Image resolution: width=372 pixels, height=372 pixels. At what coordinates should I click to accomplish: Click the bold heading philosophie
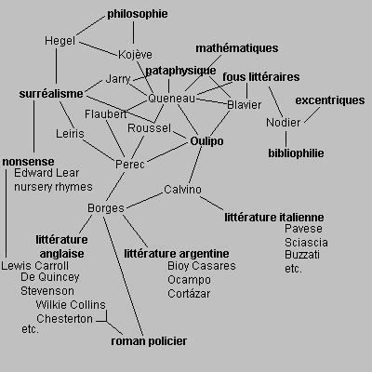coord(138,14)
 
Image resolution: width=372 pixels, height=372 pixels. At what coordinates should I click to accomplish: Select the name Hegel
coord(60,41)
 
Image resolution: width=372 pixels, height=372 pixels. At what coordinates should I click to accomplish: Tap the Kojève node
coord(135,55)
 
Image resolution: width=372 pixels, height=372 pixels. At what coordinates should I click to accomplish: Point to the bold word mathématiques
coord(237,48)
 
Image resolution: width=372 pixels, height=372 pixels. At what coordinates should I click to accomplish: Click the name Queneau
coord(172,99)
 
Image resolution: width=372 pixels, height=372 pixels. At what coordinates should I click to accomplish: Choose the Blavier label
coord(245,105)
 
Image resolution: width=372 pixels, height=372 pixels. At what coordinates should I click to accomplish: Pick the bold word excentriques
coord(330,100)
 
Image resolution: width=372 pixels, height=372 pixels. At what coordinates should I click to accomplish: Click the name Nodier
coord(284,123)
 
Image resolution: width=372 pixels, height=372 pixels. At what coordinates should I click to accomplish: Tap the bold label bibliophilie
coord(296,153)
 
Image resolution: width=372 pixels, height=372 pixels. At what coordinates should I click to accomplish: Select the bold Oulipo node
coord(206,141)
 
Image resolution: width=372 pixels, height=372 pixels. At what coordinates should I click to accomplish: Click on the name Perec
coord(130,165)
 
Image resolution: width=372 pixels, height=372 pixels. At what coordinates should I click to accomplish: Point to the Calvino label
coord(182,190)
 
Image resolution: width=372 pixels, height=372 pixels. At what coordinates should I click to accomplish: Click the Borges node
coord(106,208)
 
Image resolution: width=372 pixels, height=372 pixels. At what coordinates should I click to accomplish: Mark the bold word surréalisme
coord(51,94)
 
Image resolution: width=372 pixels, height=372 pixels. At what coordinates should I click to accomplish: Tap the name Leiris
coord(70,134)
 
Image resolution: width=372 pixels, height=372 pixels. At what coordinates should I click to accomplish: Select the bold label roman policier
coord(149,341)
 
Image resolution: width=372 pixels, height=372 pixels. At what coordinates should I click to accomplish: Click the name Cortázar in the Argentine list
coord(189,294)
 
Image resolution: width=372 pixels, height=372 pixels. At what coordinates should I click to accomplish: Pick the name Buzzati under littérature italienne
coord(302,255)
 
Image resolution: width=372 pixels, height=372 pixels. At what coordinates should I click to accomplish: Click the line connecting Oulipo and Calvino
coord(195,165)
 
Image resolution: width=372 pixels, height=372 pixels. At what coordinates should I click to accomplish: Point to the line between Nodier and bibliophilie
coord(286,139)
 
